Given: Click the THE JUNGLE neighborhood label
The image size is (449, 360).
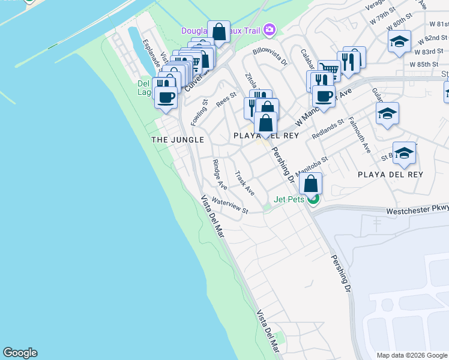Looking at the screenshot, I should pyautogui.click(x=178, y=140).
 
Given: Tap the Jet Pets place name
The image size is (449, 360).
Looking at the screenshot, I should pyautogui.click(x=289, y=199).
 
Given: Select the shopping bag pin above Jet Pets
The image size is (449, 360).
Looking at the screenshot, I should pyautogui.click(x=311, y=183).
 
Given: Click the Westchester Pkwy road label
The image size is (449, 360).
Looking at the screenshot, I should pyautogui.click(x=417, y=211).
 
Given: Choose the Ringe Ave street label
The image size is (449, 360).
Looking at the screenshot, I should pyautogui.click(x=220, y=173).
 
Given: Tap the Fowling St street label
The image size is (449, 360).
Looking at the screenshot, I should pyautogui.click(x=199, y=112).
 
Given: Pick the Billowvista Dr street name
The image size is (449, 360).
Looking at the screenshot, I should pyautogui.click(x=270, y=57).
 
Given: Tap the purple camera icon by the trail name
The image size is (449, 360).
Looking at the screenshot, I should pyautogui.click(x=270, y=29).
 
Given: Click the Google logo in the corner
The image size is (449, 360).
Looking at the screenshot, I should pyautogui.click(x=20, y=353).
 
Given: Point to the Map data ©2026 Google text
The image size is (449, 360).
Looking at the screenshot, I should pyautogui.click(x=412, y=355).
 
